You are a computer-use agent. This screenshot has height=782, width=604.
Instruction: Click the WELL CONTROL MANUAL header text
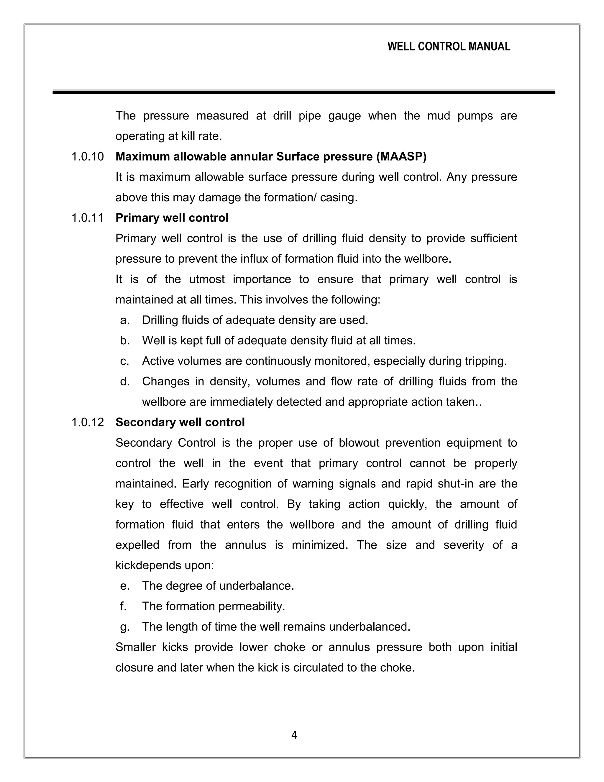449,47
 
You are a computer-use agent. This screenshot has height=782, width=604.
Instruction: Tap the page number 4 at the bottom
294,735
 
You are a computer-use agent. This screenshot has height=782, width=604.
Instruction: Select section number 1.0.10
88,156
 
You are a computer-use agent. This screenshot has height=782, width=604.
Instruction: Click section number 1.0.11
88,218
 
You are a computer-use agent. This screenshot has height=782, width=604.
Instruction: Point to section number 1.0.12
88,422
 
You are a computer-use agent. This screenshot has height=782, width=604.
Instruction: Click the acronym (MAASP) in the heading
401,156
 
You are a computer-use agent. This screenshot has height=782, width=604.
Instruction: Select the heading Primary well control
172,218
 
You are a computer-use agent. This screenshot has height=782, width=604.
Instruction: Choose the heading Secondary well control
180,422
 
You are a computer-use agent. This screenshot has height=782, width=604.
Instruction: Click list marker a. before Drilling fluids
125,320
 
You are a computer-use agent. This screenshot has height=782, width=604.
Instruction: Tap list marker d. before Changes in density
125,381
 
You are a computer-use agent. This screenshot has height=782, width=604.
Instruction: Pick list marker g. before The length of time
125,626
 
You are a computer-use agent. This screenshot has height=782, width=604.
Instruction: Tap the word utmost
207,279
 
